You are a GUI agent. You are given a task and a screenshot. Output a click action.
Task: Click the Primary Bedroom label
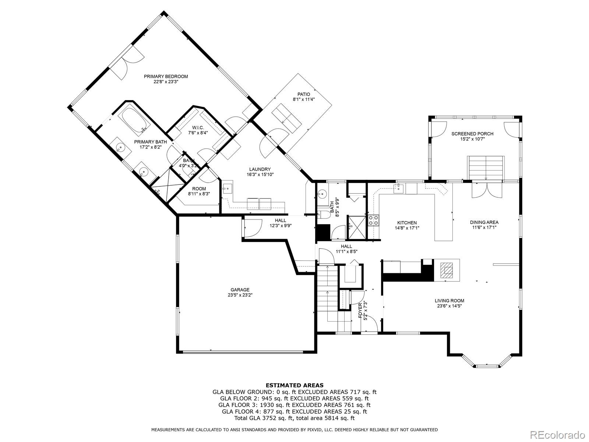pyautogui.click(x=166, y=77)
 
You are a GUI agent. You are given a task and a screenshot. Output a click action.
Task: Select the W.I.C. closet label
pyautogui.click(x=198, y=127)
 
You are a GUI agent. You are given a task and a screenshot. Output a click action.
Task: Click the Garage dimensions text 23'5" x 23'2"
pyautogui.click(x=240, y=295)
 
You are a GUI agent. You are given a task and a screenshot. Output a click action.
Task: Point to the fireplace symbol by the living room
pyautogui.click(x=447, y=270)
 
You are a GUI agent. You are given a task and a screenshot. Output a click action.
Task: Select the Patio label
pyautogui.click(x=304, y=94)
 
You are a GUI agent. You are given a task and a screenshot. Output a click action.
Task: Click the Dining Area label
pyautogui.click(x=484, y=222)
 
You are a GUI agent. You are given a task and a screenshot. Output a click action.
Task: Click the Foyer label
pyautogui.click(x=360, y=311)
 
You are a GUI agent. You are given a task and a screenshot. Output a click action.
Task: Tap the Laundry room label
pyautogui.click(x=260, y=169)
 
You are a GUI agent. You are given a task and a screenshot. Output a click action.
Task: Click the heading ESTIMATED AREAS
pyautogui.click(x=294, y=385)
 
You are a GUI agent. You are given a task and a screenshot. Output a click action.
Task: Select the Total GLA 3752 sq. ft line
pyautogui.click(x=294, y=418)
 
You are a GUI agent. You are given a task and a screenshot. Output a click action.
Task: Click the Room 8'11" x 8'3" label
pyautogui.click(x=199, y=189)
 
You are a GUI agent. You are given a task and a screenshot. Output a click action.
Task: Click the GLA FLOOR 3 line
pyautogui.click(x=294, y=405)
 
